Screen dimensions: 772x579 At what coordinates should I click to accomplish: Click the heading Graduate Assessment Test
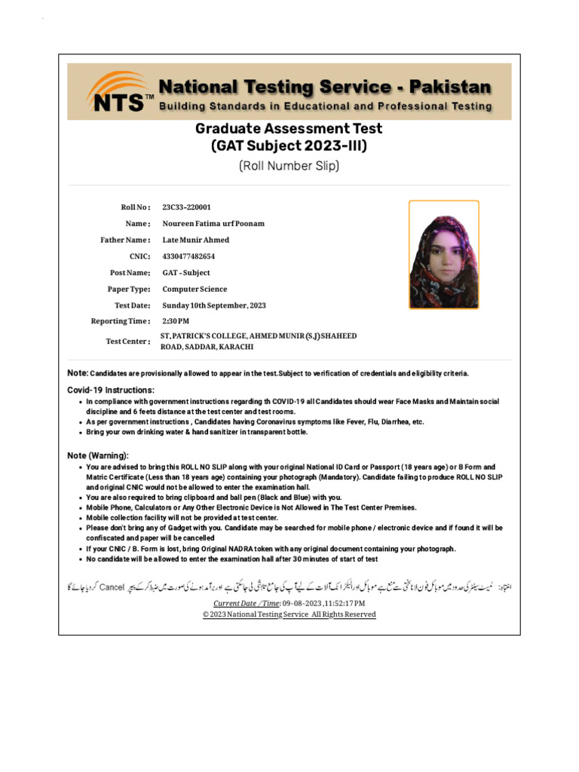[289, 129]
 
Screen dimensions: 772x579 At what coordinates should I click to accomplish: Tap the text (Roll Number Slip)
[289, 166]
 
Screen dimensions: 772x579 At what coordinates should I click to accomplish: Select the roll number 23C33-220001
[186, 207]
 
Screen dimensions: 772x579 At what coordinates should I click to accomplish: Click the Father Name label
[125, 240]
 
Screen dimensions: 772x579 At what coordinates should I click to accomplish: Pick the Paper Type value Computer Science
[195, 289]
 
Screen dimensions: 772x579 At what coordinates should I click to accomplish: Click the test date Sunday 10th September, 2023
[214, 305]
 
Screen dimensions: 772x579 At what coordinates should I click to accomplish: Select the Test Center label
[127, 342]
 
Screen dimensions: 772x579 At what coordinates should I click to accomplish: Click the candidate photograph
[443, 255]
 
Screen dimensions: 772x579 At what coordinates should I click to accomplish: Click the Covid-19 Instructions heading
[111, 390]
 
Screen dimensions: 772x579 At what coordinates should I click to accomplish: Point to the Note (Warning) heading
[98, 456]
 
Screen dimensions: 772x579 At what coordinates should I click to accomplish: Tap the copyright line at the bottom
[289, 614]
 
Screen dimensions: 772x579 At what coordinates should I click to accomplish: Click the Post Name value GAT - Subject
[186, 273]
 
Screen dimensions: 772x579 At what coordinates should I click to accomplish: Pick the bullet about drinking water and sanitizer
[197, 432]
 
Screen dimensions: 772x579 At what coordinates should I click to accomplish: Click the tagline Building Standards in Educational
[324, 106]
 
